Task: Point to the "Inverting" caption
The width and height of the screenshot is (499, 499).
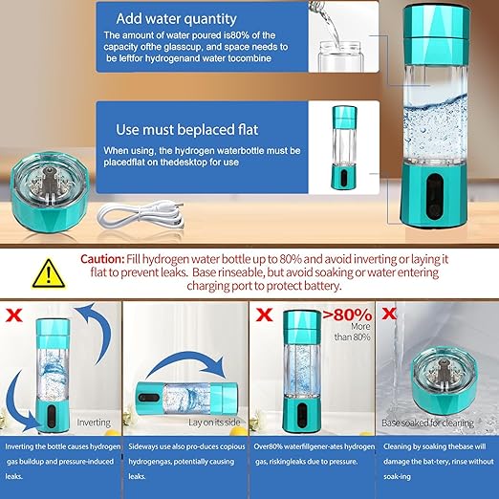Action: point(93,421)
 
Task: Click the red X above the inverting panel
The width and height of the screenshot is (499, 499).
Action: point(12,314)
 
